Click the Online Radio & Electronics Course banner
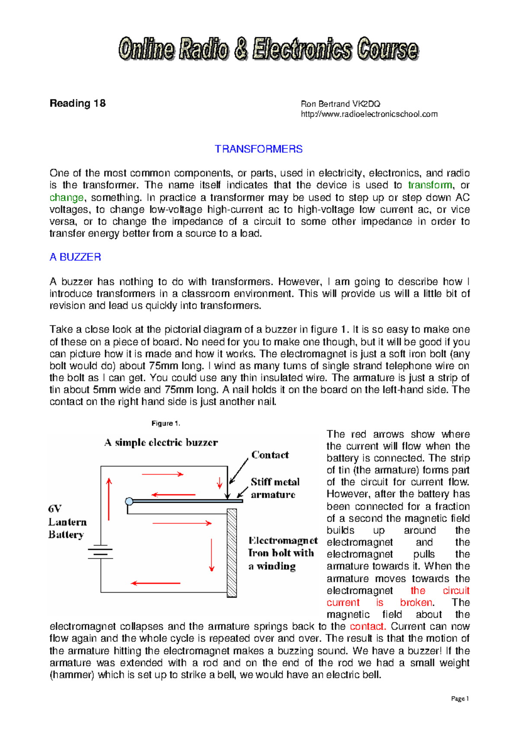coord(268,49)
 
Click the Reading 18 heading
coord(77,103)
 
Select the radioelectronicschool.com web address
coord(369,114)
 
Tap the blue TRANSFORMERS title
coord(259,149)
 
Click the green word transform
coord(430,185)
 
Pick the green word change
coord(67,198)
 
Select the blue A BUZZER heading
coord(75,257)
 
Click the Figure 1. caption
coord(166,423)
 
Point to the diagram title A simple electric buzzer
coord(161,442)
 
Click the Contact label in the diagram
coord(270,455)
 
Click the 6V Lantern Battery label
coord(67,522)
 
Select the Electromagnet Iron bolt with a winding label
coord(282,553)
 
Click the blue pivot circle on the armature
coord(129,501)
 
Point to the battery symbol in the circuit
coord(100,552)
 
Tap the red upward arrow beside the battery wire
coord(109,499)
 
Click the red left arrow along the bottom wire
coord(156,583)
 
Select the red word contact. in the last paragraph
coord(367,626)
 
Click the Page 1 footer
coord(460,699)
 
